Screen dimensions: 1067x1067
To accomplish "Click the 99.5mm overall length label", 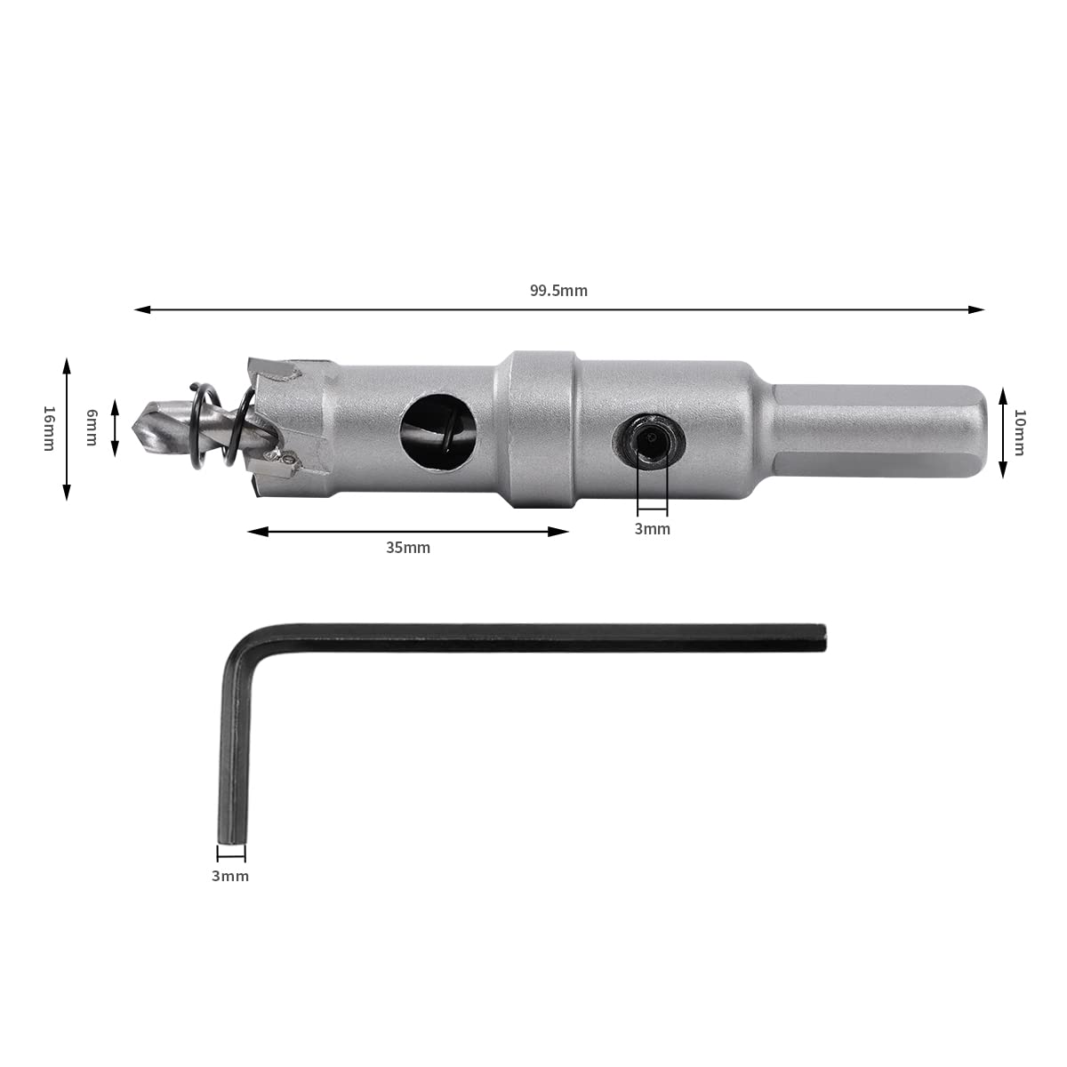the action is point(558,291).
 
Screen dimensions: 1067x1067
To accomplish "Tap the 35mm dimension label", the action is point(408,548).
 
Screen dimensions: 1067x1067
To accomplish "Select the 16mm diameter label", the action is point(49,429).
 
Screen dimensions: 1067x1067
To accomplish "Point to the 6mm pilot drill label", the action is point(92,427).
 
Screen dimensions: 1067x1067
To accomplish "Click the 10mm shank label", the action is point(1019,432).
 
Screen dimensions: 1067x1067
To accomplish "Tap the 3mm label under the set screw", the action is point(653,529).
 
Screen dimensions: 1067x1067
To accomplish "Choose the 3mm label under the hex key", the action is point(229,876).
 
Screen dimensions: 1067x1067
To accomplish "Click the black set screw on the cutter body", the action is point(649,440).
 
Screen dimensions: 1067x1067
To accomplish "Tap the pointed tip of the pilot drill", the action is point(132,427).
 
